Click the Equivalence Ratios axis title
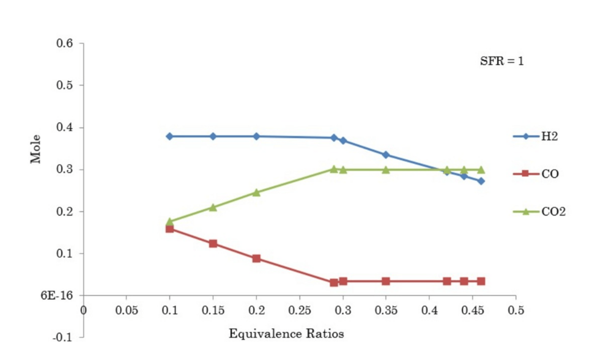click(286, 334)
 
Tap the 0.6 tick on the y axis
click(65, 43)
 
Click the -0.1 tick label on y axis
click(64, 337)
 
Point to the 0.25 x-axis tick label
click(299, 309)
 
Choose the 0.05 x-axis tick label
click(126, 309)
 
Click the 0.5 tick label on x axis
click(516, 309)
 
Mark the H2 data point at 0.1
click(169, 136)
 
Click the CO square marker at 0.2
click(256, 259)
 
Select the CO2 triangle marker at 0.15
click(213, 207)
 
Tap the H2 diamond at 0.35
click(386, 155)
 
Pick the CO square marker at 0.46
click(481, 281)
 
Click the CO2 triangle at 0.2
click(256, 193)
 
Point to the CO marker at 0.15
click(213, 243)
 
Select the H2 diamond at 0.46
click(481, 181)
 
